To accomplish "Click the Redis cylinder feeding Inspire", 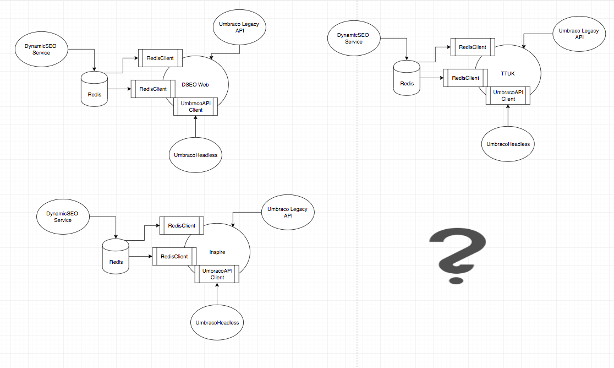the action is pyautogui.click(x=116, y=256).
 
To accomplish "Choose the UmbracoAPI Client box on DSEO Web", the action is pyautogui.click(x=195, y=106).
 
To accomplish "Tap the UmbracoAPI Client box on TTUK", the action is pyautogui.click(x=508, y=96).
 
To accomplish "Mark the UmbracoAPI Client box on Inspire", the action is pyautogui.click(x=217, y=274).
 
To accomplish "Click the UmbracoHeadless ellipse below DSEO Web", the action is pyautogui.click(x=195, y=155).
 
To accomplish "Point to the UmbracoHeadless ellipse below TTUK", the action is pyautogui.click(x=508, y=144).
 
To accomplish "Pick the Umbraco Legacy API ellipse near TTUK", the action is pyautogui.click(x=579, y=34).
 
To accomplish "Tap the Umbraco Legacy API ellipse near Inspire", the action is pyautogui.click(x=288, y=212).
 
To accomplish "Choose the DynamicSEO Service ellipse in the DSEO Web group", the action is pyautogui.click(x=41, y=49).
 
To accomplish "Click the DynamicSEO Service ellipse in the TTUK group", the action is pyautogui.click(x=353, y=38).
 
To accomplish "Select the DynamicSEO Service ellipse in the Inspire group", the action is pyautogui.click(x=63, y=217).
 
